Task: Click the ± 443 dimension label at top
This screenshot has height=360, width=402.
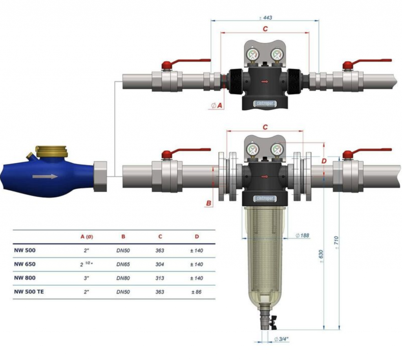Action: (265, 18)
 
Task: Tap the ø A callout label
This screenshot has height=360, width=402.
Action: (217, 105)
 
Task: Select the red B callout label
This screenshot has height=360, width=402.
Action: (209, 203)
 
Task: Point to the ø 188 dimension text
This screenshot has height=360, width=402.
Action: (302, 235)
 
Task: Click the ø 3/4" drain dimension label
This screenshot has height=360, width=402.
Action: (281, 339)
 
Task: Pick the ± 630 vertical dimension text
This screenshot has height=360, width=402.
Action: (321, 256)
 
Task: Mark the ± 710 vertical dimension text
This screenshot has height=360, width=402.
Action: (336, 242)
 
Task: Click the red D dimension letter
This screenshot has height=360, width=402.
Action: (324, 161)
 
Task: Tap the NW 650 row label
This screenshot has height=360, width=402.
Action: (25, 264)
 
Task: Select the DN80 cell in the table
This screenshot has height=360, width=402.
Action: (123, 278)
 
